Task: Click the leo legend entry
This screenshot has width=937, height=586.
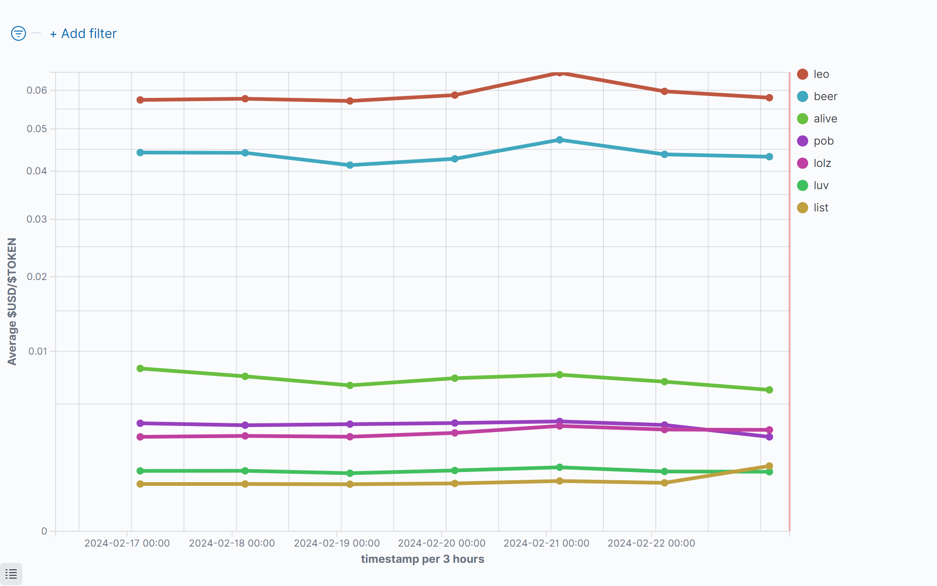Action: (821, 74)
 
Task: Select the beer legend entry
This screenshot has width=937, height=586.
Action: (825, 96)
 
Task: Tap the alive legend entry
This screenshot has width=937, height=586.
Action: (825, 119)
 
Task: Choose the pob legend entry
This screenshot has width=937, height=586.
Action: (823, 141)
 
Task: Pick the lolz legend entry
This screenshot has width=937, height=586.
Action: (822, 163)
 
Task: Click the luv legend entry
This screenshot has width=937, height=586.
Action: (821, 185)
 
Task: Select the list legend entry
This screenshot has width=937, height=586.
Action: (821, 208)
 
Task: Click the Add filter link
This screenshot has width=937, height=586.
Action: (83, 34)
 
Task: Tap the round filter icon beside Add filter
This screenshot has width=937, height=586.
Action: (19, 33)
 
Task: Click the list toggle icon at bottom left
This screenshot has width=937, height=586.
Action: (11, 574)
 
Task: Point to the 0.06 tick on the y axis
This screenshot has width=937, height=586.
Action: (37, 90)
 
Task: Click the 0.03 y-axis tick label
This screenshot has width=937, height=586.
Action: (37, 219)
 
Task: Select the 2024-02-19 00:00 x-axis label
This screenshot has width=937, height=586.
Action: (337, 543)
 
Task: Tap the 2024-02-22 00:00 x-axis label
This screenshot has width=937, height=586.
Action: (651, 543)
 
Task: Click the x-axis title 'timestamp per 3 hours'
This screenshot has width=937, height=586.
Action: (422, 559)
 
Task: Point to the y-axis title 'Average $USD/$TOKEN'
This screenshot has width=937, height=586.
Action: (12, 301)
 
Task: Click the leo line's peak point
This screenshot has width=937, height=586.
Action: (559, 73)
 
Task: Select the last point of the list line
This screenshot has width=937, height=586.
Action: (769, 466)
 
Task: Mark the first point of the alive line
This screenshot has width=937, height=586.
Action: (140, 369)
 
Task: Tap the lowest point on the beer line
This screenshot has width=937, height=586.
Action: (350, 165)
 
